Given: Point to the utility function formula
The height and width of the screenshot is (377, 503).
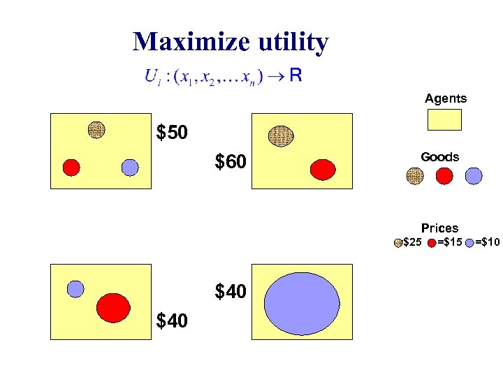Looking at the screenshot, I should (223, 76).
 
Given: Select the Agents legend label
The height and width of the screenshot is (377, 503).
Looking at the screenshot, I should (446, 99).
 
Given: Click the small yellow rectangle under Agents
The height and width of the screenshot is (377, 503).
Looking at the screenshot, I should (444, 119).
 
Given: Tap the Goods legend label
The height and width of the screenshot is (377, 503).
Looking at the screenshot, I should (440, 157).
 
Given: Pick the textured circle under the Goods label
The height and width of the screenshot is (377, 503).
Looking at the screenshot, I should (416, 176).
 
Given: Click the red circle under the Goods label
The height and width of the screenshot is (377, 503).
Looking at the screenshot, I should (444, 176).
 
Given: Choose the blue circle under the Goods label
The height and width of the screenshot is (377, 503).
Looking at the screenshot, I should (473, 176).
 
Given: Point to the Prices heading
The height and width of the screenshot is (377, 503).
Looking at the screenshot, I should (440, 228).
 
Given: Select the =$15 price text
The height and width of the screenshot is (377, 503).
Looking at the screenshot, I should (450, 242).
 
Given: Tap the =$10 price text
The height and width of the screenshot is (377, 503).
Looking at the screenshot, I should (488, 242).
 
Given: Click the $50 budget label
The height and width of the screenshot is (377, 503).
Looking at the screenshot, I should (172, 133).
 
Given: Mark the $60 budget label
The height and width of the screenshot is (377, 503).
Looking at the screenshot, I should (231, 163).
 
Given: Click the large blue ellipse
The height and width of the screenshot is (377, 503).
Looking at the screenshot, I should (301, 302).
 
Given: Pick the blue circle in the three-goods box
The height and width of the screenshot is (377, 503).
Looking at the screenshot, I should (130, 168).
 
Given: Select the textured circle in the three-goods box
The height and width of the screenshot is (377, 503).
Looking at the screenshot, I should (96, 129).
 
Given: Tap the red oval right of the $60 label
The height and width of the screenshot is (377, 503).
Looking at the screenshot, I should (323, 169).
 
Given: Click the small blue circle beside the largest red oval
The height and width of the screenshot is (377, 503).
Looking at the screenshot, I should (75, 288).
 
